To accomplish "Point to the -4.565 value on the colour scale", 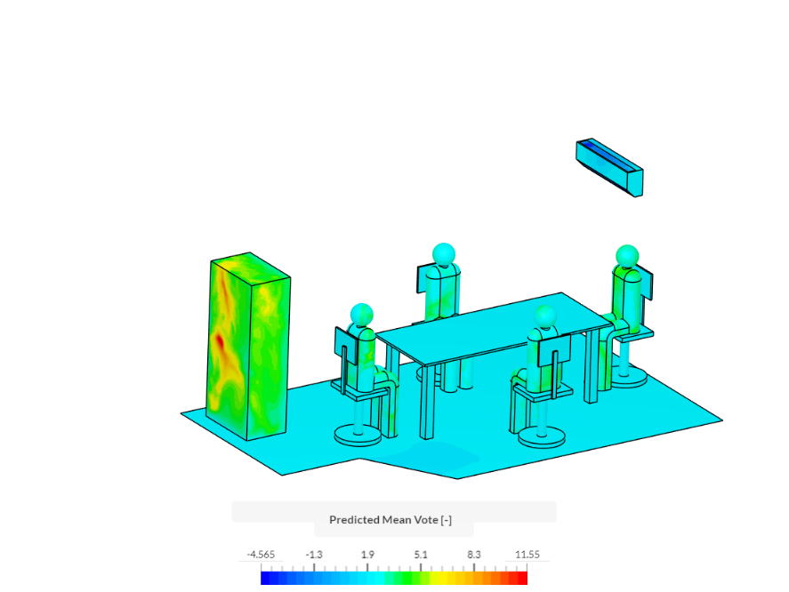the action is [x=261, y=555].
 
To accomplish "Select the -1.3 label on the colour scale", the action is [x=314, y=555].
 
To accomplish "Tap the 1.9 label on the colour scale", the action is [x=367, y=555].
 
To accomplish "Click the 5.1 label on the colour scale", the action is [x=421, y=555].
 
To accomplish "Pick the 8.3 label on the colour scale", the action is [x=473, y=555].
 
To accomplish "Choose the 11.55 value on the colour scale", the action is [x=527, y=555].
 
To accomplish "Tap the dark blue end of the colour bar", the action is [x=266, y=578].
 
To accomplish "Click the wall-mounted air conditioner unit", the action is [x=610, y=167].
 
